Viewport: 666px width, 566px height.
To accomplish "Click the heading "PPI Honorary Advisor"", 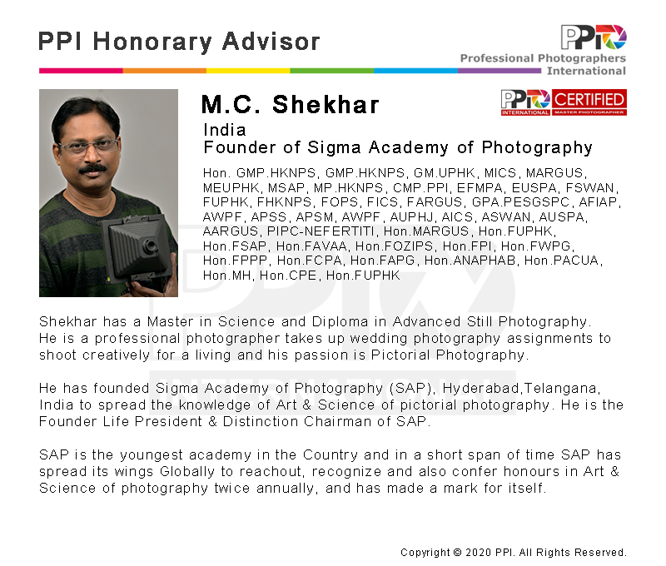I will (x=179, y=42).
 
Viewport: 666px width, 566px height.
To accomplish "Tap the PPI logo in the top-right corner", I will (x=593, y=37).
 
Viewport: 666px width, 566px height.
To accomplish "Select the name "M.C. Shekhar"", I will (x=290, y=105).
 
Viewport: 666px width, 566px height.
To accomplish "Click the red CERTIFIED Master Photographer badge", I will (x=564, y=102).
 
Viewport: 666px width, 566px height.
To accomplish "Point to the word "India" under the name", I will (x=224, y=130).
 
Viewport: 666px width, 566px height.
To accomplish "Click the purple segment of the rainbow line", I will (x=499, y=71).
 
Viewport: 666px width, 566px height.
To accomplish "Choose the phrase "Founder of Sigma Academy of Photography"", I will (x=398, y=148).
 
